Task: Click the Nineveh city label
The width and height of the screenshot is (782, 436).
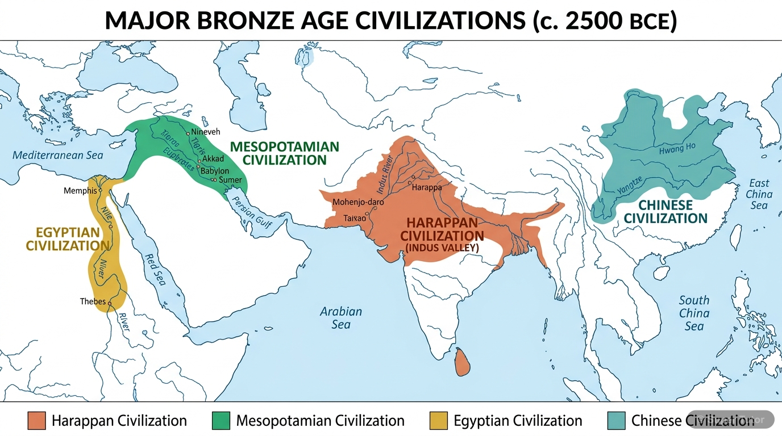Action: click(x=205, y=132)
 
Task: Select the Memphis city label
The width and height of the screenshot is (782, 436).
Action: click(x=80, y=191)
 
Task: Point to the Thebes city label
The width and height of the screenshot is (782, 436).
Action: click(x=93, y=301)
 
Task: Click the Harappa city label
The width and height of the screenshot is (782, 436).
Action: click(x=427, y=187)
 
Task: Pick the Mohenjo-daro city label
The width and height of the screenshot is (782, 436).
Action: click(x=358, y=202)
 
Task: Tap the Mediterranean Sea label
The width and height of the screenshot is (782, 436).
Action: click(x=58, y=155)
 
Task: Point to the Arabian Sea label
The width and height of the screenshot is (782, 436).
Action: click(x=341, y=318)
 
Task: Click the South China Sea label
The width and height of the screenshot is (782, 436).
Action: click(x=694, y=313)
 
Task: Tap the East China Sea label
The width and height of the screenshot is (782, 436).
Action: click(x=759, y=194)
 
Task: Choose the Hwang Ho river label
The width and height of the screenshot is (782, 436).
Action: click(x=677, y=149)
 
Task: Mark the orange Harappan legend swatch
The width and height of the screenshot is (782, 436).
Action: click(x=36, y=421)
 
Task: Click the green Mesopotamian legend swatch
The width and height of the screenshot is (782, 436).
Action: click(x=221, y=421)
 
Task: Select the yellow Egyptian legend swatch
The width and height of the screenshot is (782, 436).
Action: click(x=439, y=421)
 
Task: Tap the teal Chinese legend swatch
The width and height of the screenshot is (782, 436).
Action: click(x=616, y=421)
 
